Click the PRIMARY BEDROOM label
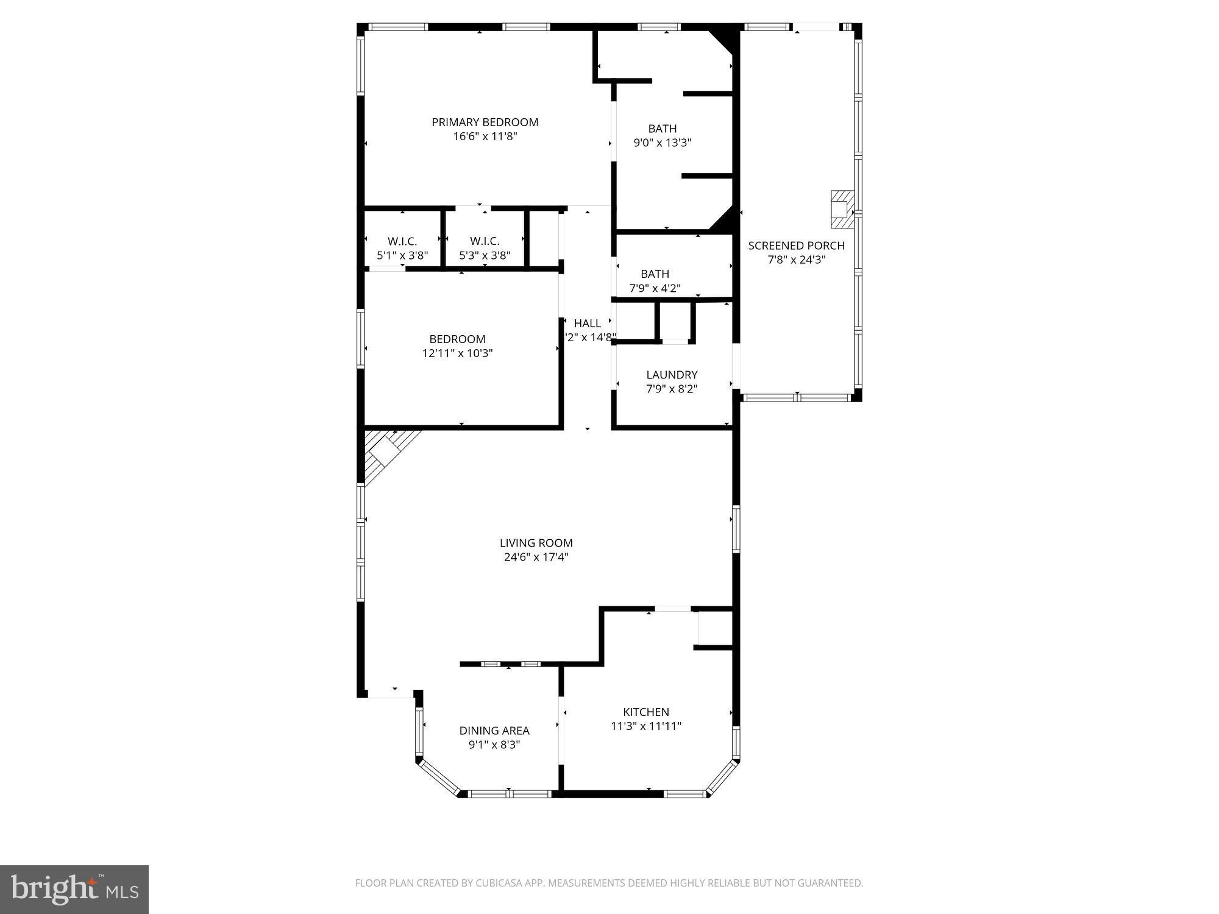point(485,122)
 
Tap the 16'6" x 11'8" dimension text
point(485,136)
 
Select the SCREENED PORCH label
point(796,246)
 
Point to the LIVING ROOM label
point(536,543)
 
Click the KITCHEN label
point(645,712)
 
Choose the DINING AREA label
point(494,731)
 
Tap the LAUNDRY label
point(672,375)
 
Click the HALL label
point(587,324)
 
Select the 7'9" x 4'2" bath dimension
point(655,288)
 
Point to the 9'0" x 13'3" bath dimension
point(662,143)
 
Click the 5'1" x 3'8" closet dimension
point(402,256)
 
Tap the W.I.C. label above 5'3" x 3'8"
point(485,242)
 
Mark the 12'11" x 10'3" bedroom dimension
point(457,353)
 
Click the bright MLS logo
point(74,889)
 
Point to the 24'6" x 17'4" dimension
point(536,557)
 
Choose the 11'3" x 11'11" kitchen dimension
point(645,726)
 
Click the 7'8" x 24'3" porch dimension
point(796,260)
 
